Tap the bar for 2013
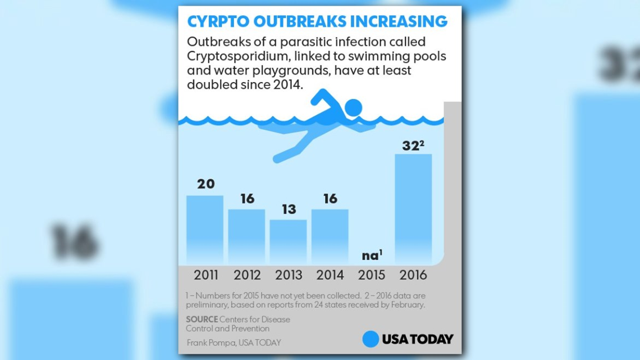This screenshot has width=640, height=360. [x=288, y=241]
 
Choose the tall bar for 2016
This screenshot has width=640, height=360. [x=413, y=208]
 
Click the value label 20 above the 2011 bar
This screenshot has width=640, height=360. [x=205, y=184]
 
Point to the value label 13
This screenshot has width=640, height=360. [x=289, y=209]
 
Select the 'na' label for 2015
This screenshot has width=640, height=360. [x=371, y=256]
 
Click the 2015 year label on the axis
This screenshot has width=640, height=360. [x=372, y=275]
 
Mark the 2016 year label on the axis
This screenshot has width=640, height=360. [x=413, y=275]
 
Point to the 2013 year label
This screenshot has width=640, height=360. [x=289, y=275]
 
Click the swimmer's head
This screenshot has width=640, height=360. [x=354, y=107]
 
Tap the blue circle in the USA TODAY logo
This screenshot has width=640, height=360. [x=371, y=339]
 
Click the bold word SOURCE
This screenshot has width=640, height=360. [x=202, y=320]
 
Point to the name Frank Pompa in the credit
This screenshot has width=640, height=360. [x=211, y=342]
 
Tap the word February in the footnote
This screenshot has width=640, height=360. [x=408, y=305]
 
